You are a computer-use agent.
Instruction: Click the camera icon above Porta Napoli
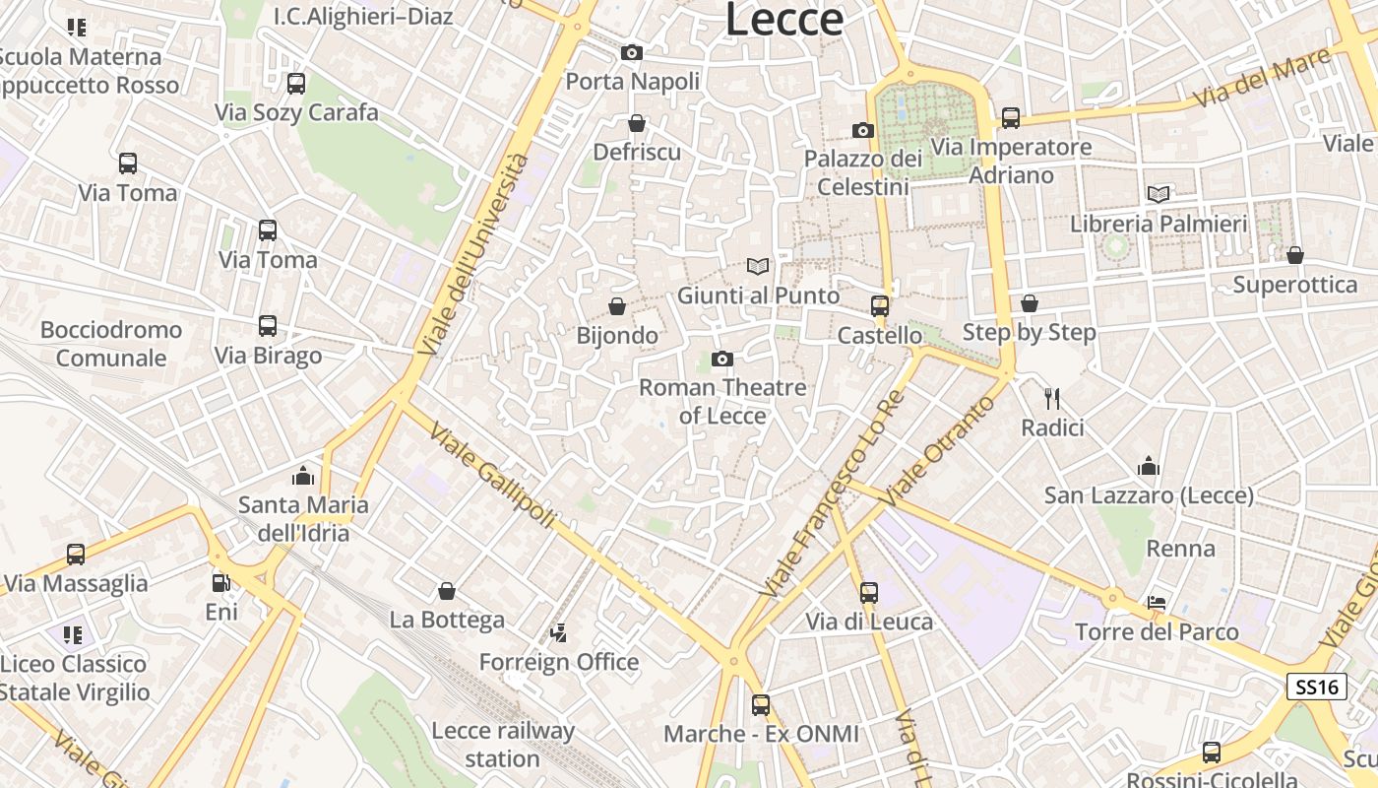[x=632, y=53]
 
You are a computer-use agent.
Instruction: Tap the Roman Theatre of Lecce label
[x=722, y=401]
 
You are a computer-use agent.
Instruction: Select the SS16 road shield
[x=1317, y=687]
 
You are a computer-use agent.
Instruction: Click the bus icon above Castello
[x=880, y=306]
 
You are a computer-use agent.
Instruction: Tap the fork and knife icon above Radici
[x=1052, y=398]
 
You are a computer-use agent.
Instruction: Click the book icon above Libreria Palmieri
[x=1159, y=194]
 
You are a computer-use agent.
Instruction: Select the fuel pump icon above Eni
[x=221, y=583]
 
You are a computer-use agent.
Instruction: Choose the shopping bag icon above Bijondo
[x=617, y=306]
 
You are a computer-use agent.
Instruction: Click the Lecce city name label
[x=784, y=20]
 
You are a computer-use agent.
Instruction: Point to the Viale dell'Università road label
[x=473, y=254]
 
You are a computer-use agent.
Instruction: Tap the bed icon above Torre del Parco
[x=1157, y=603]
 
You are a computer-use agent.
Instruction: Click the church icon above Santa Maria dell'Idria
[x=303, y=477]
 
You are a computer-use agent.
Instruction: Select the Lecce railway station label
[x=503, y=745]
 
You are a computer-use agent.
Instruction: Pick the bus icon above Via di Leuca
[x=869, y=592]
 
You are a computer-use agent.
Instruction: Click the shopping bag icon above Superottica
[x=1295, y=255]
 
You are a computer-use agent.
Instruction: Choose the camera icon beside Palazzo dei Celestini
[x=863, y=130]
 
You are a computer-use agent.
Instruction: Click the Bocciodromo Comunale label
[x=111, y=343]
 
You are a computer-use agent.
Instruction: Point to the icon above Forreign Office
[x=559, y=632]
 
